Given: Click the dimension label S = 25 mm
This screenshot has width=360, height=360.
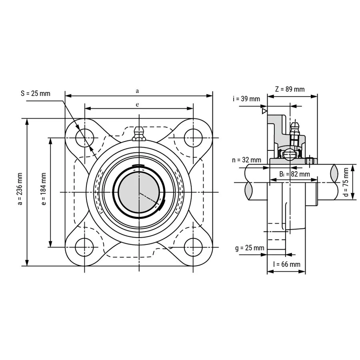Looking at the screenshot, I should click(x=36, y=94).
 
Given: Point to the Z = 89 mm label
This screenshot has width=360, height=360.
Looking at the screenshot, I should click(x=290, y=89).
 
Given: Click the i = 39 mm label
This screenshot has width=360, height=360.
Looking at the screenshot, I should click(x=246, y=99).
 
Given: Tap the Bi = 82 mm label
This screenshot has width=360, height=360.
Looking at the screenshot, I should click(x=294, y=174).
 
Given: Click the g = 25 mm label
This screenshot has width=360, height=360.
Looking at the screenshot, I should click(x=250, y=248).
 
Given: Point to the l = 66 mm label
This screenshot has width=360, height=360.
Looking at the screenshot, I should click(x=286, y=264).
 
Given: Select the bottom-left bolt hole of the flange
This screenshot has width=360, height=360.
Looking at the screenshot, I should click(x=85, y=246).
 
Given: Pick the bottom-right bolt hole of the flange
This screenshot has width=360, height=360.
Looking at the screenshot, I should click(x=193, y=246).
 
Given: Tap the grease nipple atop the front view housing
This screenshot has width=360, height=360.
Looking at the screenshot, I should click(x=138, y=134).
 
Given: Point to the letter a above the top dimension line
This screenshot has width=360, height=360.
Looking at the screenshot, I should click(x=138, y=91).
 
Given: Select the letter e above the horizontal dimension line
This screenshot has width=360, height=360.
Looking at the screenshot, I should click(x=138, y=104).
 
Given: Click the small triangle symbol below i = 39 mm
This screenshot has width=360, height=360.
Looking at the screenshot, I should click(x=264, y=111).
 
